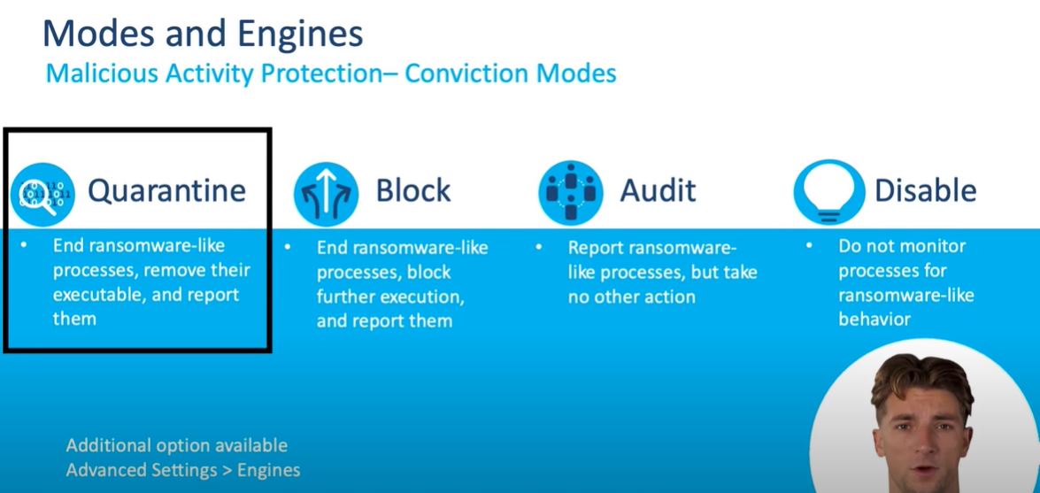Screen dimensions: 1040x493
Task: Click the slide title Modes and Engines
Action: click(x=203, y=34)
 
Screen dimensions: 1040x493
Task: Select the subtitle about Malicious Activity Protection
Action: click(x=331, y=73)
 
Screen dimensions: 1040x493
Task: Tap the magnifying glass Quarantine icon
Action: click(x=42, y=195)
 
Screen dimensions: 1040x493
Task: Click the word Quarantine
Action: click(x=167, y=191)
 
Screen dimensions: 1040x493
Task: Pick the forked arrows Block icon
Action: click(x=326, y=194)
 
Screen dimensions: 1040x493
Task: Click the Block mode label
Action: click(x=413, y=190)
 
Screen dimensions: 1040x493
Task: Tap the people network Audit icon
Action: click(x=570, y=192)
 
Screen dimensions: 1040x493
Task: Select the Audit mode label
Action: click(x=658, y=190)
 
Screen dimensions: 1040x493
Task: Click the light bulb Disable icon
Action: click(x=829, y=192)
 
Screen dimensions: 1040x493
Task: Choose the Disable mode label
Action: click(x=925, y=190)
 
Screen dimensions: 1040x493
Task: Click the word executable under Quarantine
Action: click(x=99, y=295)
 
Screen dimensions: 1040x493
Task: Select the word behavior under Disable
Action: click(x=874, y=320)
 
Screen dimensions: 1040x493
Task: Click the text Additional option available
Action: click(x=177, y=444)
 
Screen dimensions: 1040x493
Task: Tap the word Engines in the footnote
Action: click(x=268, y=471)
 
